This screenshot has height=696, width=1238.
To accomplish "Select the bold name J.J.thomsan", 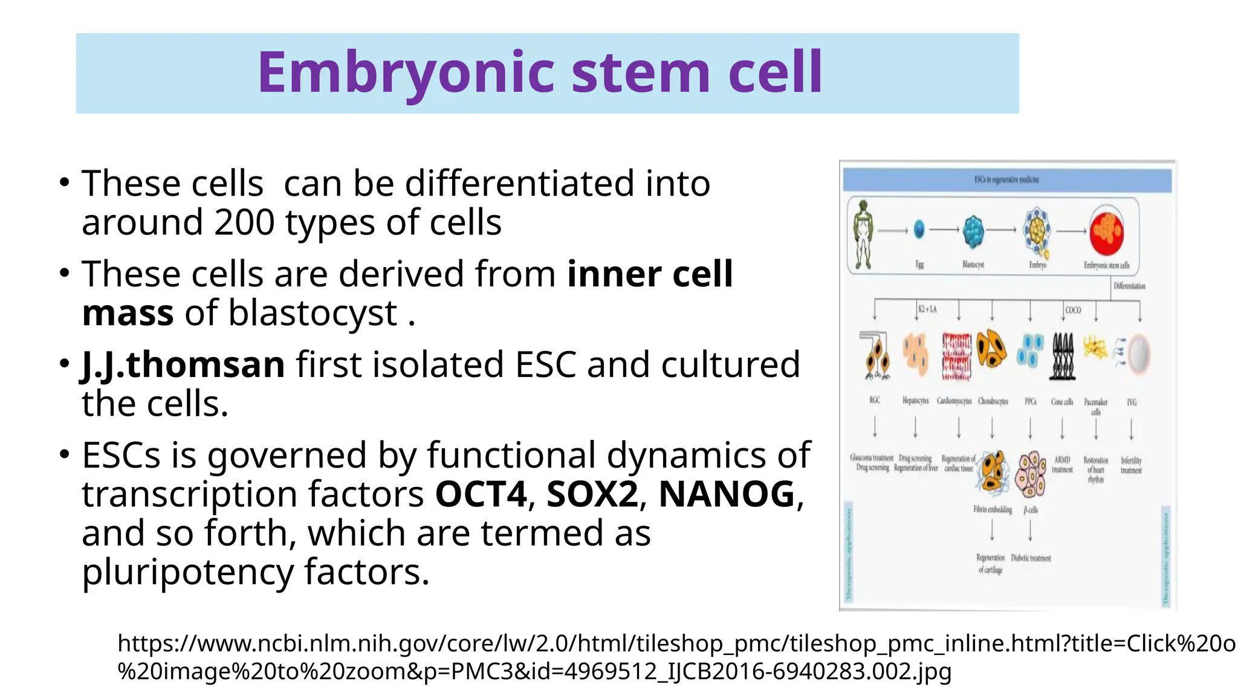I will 183,365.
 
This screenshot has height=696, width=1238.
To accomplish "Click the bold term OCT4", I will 481,494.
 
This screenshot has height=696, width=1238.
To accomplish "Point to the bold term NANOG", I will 726,494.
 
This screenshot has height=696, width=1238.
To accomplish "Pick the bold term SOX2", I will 592,494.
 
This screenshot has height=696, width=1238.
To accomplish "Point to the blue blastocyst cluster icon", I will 973,232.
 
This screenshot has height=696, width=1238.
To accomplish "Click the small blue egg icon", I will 919,230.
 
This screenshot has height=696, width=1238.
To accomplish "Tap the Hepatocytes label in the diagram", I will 915,401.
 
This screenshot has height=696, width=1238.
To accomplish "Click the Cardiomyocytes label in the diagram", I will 954,401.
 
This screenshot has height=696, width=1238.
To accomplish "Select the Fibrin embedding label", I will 992,509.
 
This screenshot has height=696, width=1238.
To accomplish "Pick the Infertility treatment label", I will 1131,465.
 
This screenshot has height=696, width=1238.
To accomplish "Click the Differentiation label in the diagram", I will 1129,286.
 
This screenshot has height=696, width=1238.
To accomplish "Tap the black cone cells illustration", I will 1063,356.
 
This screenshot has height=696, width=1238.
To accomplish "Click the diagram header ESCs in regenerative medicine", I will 1006,179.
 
